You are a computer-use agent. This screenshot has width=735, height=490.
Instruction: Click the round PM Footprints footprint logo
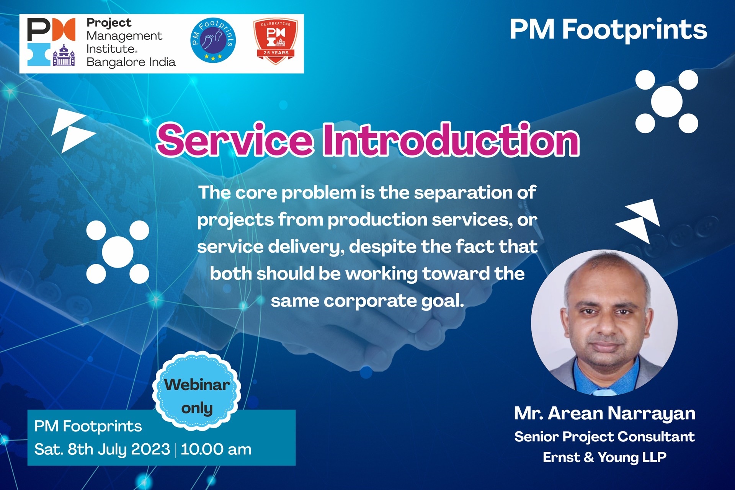click(x=213, y=40)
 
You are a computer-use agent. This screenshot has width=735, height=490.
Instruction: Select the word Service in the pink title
click(x=235, y=140)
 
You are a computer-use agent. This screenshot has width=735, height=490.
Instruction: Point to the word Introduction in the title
click(x=451, y=140)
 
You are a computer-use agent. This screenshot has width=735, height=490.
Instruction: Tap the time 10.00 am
click(x=216, y=449)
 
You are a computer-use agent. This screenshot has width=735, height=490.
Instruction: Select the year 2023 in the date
click(x=150, y=449)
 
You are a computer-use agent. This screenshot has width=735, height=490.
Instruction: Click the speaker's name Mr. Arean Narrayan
click(x=604, y=414)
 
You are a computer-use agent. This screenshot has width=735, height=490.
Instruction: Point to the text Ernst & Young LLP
click(x=604, y=457)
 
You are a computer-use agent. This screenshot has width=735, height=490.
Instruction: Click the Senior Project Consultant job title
click(x=604, y=437)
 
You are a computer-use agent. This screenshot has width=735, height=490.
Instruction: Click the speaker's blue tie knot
click(x=605, y=391)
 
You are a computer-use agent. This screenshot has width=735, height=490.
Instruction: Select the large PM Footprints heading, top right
click(x=608, y=29)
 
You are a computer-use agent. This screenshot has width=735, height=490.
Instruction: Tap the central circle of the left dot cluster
click(x=118, y=252)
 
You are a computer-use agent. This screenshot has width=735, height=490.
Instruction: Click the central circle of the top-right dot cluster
click(x=667, y=101)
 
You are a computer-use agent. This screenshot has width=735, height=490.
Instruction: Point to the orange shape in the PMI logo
click(x=64, y=29)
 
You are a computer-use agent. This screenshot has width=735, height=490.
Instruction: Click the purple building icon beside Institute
click(x=64, y=56)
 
